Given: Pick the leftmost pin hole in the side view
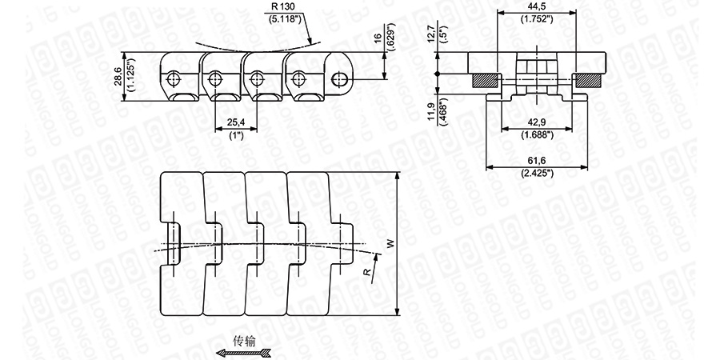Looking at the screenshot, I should pos(174,78).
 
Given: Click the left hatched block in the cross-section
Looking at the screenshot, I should pos(485,79).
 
